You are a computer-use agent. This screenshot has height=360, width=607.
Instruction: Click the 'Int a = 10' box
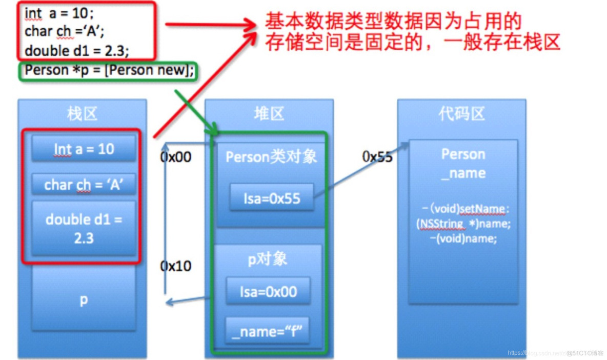[84, 149]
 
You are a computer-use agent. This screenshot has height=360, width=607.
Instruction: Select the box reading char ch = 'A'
[84, 185]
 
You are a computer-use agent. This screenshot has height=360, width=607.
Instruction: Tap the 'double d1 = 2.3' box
[84, 228]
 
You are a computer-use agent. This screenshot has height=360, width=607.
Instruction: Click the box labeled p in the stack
[84, 300]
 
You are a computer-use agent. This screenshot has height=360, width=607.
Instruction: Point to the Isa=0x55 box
[271, 198]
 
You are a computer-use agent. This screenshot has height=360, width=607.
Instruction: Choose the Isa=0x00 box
[268, 292]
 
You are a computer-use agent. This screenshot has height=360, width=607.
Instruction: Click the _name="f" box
[267, 331]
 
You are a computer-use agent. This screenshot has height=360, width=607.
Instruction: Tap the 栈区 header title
[82, 113]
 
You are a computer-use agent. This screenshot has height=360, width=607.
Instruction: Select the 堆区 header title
[269, 113]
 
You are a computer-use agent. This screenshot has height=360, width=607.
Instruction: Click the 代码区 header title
[461, 113]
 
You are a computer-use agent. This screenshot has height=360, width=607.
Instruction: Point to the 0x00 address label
[176, 157]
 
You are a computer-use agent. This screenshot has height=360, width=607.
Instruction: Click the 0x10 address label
[176, 266]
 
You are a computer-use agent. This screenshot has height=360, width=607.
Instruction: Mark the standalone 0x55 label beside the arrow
[377, 157]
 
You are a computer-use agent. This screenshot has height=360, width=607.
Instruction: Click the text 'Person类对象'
[271, 157]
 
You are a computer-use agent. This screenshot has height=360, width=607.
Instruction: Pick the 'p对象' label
[267, 259]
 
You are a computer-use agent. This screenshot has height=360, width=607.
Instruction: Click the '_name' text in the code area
[463, 173]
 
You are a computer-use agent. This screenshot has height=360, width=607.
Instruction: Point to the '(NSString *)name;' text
[463, 224]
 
